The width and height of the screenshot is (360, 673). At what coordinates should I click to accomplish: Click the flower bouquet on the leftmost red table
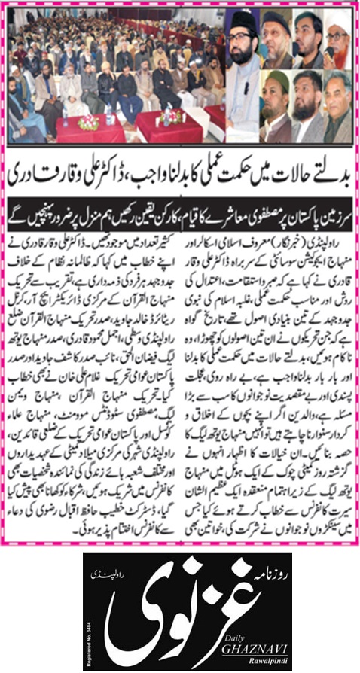88,120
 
